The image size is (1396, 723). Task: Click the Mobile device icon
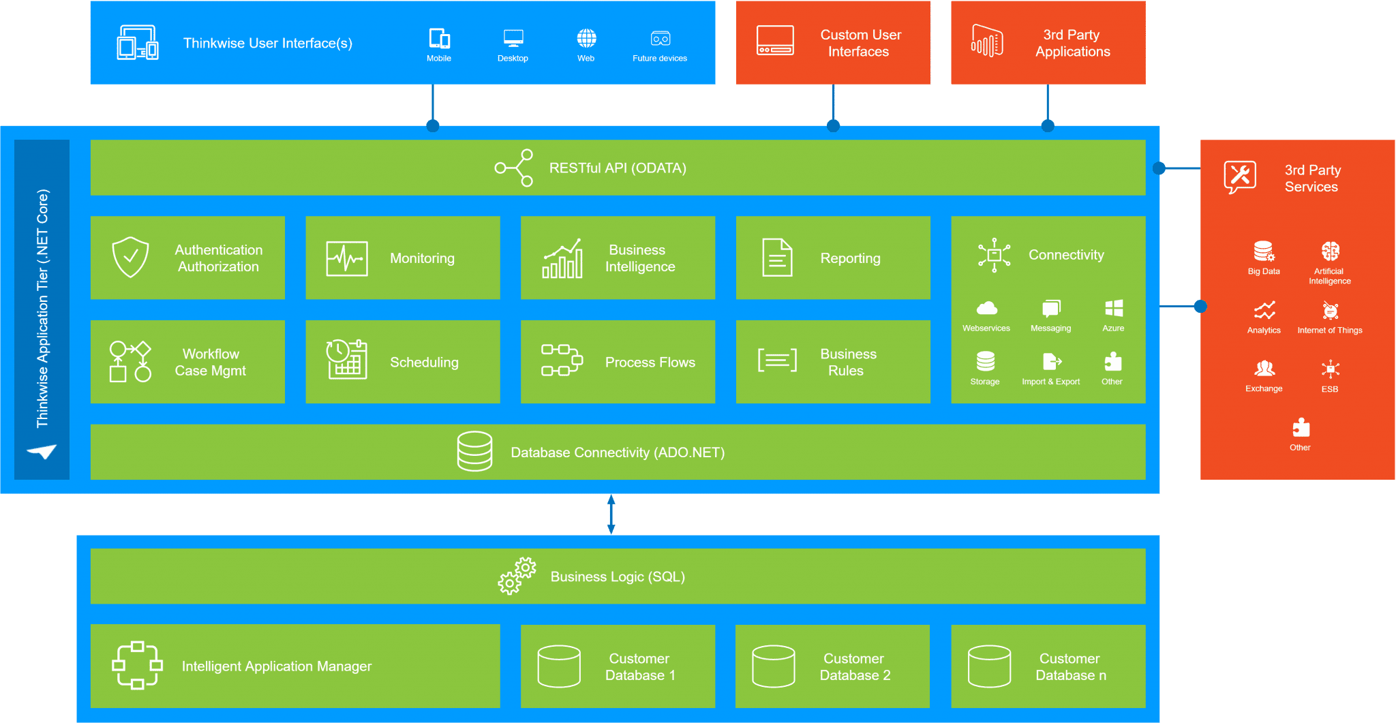pyautogui.click(x=439, y=38)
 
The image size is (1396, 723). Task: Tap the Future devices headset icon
pyautogui.click(x=660, y=38)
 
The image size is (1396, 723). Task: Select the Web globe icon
pyautogui.click(x=586, y=38)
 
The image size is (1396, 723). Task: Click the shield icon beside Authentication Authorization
pyautogui.click(x=130, y=257)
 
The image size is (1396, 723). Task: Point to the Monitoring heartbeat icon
pyautogui.click(x=347, y=258)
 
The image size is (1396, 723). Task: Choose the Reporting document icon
pyautogui.click(x=777, y=258)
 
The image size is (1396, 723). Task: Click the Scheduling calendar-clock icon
pyautogui.click(x=347, y=359)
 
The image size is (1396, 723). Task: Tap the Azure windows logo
pyautogui.click(x=1114, y=309)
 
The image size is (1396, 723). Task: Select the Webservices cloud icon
pyautogui.click(x=986, y=309)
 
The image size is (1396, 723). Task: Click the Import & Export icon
pyautogui.click(x=1051, y=361)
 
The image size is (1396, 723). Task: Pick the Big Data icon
pyautogui.click(x=1263, y=251)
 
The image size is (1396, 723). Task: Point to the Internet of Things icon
pyautogui.click(x=1330, y=311)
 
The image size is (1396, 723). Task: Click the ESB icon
pyautogui.click(x=1330, y=369)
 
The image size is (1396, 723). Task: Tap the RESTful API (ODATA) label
pyautogui.click(x=618, y=168)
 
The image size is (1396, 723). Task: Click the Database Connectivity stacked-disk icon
pyautogui.click(x=474, y=451)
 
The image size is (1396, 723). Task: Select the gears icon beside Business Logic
pyautogui.click(x=517, y=576)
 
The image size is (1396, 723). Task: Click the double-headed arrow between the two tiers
pyautogui.click(x=611, y=514)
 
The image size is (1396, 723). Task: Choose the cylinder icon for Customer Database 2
pyautogui.click(x=773, y=666)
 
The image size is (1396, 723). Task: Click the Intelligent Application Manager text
pyautogui.click(x=276, y=666)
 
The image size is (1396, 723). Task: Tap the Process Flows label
pyautogui.click(x=650, y=363)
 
